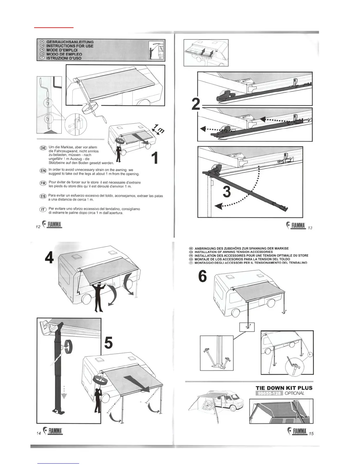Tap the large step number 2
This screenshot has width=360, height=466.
click(x=196, y=104)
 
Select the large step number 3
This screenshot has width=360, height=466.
click(x=227, y=192)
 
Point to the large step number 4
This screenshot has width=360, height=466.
click(x=49, y=258)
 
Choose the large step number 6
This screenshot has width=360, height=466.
click(x=202, y=277)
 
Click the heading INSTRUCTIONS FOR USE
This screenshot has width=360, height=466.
click(x=70, y=46)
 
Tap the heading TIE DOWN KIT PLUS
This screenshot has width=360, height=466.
click(x=284, y=388)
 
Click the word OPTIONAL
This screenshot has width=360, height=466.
click(x=294, y=393)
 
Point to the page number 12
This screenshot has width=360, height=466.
click(x=38, y=227)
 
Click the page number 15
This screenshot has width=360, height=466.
click(x=311, y=434)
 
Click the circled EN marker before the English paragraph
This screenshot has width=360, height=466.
click(x=43, y=171)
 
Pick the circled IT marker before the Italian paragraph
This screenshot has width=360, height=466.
click(x=43, y=210)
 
